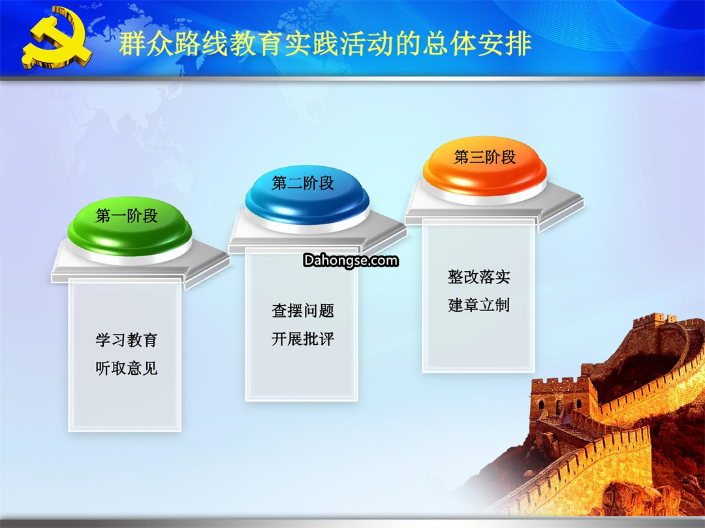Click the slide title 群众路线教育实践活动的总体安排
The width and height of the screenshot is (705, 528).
325,44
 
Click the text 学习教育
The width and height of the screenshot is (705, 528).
127,340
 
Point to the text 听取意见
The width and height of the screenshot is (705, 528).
127,368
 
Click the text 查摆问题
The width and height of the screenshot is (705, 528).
303,311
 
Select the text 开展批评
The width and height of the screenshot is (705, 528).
303,339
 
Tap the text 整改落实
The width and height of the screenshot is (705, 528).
479,276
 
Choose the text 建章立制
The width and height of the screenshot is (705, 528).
479,305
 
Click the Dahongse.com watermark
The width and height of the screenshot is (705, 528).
351,260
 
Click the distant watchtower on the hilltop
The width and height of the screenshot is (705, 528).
655,321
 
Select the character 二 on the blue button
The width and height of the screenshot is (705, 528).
295,183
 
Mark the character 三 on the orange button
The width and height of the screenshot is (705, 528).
477,157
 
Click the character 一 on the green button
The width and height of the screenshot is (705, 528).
119,216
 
